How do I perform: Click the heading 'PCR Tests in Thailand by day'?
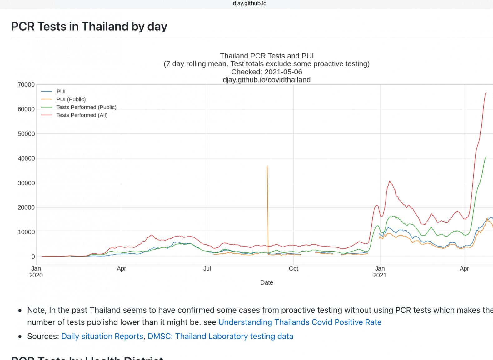(89, 27)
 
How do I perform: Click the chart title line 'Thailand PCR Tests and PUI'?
(266, 56)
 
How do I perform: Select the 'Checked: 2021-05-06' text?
(266, 72)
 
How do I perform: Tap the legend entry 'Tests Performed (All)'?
(82, 115)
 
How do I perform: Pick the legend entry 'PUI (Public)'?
(71, 99)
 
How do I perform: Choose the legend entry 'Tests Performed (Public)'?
(86, 107)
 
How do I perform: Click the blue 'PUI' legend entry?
(61, 91)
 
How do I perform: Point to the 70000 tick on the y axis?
(26, 84)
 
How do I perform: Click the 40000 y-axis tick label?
(26, 158)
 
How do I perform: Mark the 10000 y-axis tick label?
(26, 232)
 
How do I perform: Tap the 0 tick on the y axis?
(33, 257)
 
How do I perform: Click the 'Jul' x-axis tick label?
(207, 269)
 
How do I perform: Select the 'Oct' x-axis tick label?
(293, 269)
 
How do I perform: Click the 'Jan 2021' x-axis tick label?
(380, 272)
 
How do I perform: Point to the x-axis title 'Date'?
(266, 282)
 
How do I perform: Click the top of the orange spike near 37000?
(267, 166)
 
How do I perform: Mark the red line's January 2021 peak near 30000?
(389, 181)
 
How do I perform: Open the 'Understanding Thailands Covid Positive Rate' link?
(300, 322)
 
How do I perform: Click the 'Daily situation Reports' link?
(102, 336)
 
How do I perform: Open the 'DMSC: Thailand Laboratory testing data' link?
(220, 336)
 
